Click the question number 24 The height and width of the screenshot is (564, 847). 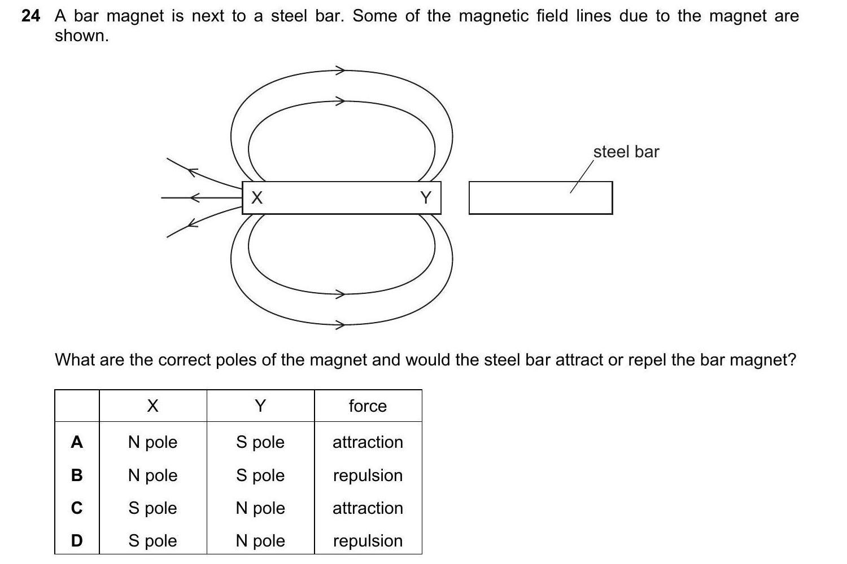30,16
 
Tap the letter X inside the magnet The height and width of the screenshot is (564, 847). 257,197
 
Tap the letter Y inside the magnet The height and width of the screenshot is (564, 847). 426,197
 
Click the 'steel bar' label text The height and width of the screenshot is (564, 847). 626,152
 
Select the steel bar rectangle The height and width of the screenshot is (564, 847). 540,198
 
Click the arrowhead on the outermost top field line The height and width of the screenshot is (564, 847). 340,70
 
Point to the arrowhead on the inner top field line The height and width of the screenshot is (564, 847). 340,102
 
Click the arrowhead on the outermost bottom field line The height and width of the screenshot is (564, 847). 340,325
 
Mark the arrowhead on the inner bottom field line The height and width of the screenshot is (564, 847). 340,294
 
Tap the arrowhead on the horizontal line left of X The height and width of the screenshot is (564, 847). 195,198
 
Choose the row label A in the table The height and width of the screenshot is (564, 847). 77,442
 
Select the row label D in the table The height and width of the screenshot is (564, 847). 77,541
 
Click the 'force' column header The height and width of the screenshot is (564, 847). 368,406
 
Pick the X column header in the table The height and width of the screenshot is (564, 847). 152,406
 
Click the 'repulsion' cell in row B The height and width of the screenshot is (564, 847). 368,475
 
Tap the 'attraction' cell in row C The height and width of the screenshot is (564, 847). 368,508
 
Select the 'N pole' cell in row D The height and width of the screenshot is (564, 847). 260,541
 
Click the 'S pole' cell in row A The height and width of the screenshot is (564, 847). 260,442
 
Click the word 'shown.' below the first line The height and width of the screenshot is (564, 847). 81,36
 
